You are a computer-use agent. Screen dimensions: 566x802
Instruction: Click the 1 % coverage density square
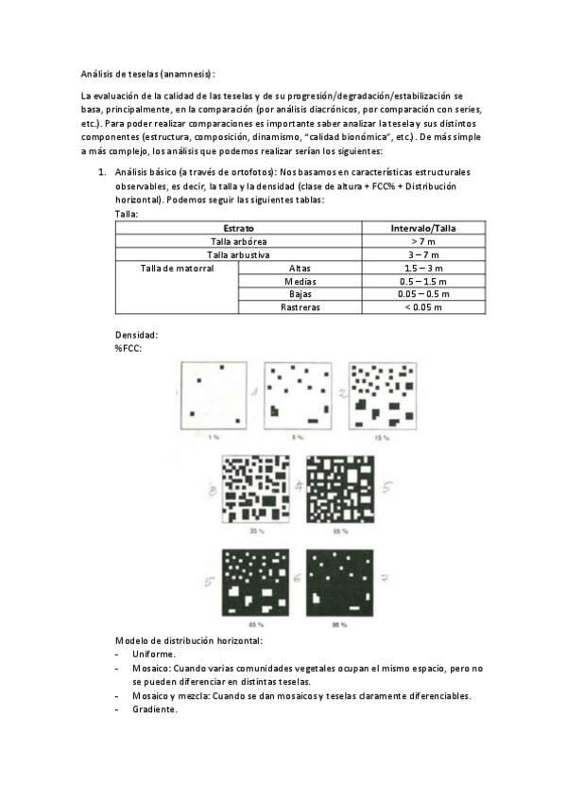(214, 395)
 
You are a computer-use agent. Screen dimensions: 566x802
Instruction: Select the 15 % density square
(380, 395)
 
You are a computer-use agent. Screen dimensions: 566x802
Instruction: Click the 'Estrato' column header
(239, 229)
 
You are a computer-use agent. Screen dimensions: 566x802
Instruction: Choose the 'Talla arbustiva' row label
(239, 255)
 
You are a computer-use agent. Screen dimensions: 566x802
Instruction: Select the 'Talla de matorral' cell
(177, 269)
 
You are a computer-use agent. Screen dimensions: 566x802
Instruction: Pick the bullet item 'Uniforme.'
(154, 654)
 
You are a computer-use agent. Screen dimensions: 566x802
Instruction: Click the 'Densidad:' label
(137, 335)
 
